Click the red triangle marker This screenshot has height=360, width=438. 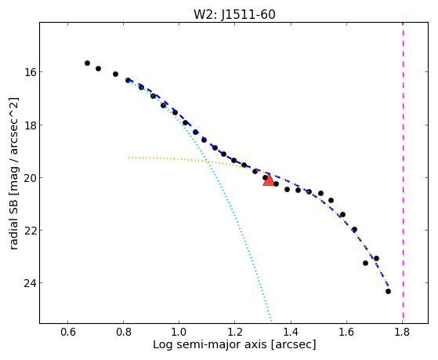[x=269, y=180]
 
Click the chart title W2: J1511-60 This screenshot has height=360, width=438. [x=234, y=15]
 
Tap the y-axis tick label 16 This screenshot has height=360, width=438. [x=29, y=72]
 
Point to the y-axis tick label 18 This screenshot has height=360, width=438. [x=29, y=125]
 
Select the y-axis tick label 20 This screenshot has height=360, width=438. [x=29, y=177]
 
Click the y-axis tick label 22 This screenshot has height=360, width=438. [x=29, y=231]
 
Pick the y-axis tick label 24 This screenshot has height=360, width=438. [x=29, y=283]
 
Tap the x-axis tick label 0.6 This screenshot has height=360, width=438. [x=67, y=332]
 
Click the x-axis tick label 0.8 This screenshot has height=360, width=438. [x=124, y=332]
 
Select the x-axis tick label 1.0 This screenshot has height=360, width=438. [x=179, y=332]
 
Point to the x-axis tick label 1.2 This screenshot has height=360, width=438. [x=234, y=332]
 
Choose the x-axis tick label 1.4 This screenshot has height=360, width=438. [x=291, y=332]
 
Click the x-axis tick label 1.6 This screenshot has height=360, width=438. [x=346, y=332]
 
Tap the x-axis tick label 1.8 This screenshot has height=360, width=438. [x=402, y=332]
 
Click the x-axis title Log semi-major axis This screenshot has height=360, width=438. [x=210, y=344]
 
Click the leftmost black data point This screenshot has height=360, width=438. [x=87, y=64]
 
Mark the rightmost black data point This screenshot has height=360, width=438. [x=388, y=292]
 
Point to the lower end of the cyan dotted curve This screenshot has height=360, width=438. [x=271, y=322]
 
